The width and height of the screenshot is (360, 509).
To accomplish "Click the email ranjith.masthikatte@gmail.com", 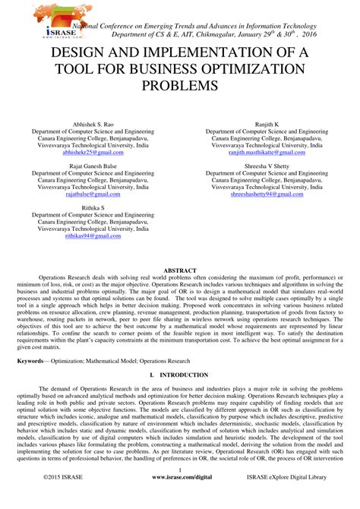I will click(x=270, y=153).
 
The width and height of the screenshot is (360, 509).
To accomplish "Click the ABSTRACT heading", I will click(x=180, y=270).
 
